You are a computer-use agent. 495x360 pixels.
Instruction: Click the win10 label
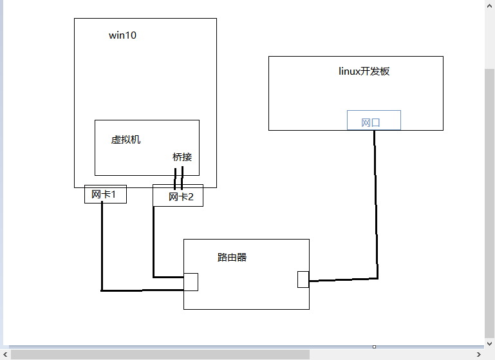click(122, 35)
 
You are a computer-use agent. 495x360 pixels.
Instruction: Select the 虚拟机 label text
click(126, 139)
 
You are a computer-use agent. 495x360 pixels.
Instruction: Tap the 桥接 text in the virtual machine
click(182, 156)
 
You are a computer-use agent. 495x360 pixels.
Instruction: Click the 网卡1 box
click(105, 194)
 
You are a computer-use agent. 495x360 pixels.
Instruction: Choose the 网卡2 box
click(178, 196)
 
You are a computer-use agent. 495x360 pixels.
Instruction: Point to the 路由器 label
click(232, 258)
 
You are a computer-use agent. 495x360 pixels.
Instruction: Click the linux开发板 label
click(364, 71)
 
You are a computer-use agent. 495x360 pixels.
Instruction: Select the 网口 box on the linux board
click(373, 120)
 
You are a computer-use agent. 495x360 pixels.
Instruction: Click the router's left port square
click(191, 282)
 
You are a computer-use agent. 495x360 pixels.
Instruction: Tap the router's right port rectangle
click(303, 279)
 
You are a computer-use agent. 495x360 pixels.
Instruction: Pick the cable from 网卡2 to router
click(153, 245)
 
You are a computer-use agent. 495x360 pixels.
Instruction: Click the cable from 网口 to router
click(377, 213)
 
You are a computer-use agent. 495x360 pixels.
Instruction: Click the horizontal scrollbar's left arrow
click(5, 354)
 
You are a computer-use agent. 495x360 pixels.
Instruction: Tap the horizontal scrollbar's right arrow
click(479, 354)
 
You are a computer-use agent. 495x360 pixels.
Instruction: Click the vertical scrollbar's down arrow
click(490, 341)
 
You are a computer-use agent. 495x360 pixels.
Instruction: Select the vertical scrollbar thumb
click(490, 193)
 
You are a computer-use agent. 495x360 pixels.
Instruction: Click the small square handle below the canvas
click(374, 346)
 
